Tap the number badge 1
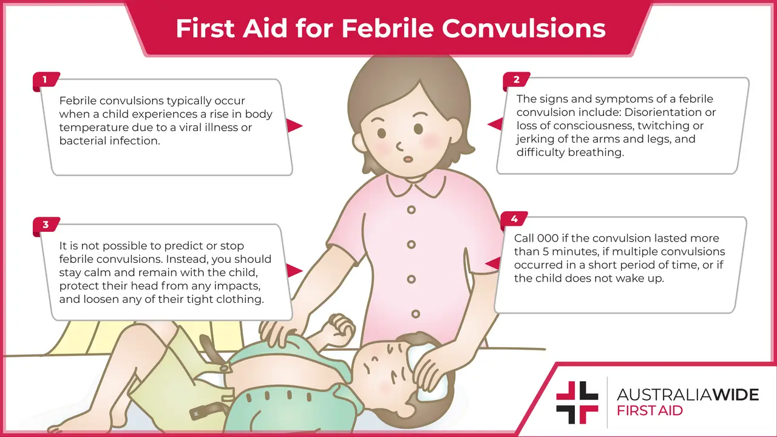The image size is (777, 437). point(45,80)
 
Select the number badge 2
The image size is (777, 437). point(516,80)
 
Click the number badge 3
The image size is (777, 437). point(46,225)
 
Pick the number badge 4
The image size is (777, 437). point(514,219)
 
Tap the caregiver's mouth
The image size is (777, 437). point(408,158)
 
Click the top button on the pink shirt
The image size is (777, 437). point(412,210)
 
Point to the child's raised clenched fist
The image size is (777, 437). point(342,327)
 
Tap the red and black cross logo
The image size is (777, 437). point(577,402)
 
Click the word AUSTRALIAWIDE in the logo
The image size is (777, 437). point(687,395)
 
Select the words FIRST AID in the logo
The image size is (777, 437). point(650,411)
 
